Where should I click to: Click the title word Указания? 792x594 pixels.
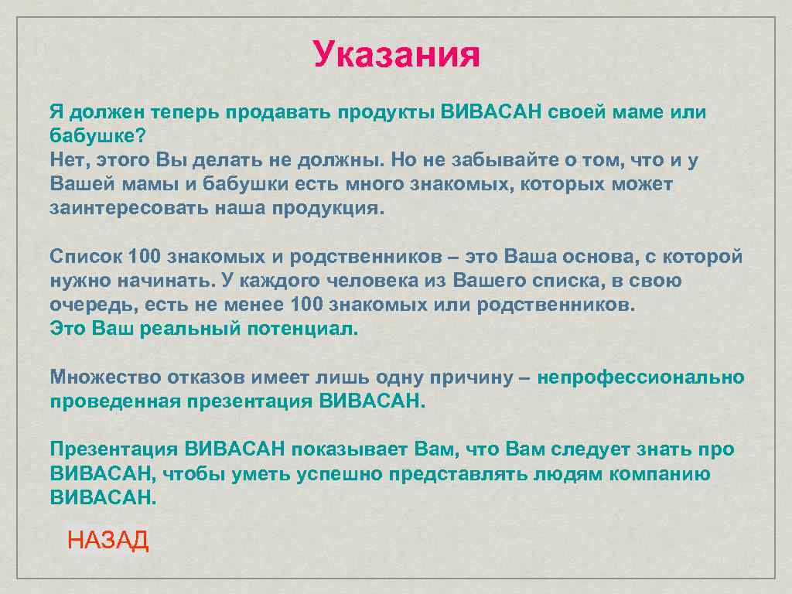(396, 55)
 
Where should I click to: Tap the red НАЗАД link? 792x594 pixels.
(108, 540)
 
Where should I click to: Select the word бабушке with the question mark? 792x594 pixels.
(97, 136)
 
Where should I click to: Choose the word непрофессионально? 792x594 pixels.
(640, 377)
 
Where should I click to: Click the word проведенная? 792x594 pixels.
(115, 401)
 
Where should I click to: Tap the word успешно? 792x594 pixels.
(338, 474)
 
